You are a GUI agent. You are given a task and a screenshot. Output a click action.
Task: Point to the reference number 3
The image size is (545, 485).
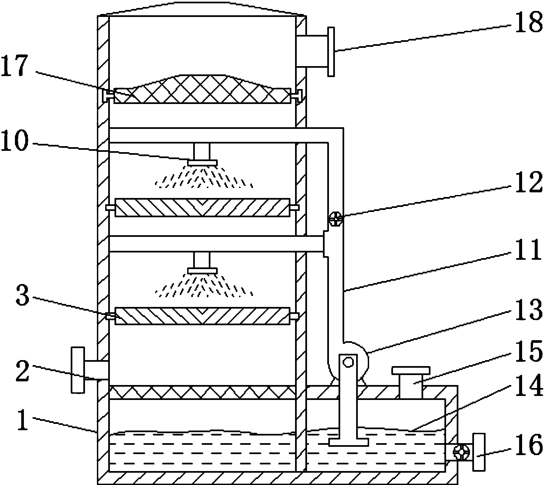23,296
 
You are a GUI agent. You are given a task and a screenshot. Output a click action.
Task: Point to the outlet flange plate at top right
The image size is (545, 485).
331,52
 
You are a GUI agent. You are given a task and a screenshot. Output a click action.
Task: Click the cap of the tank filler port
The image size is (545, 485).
411,370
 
